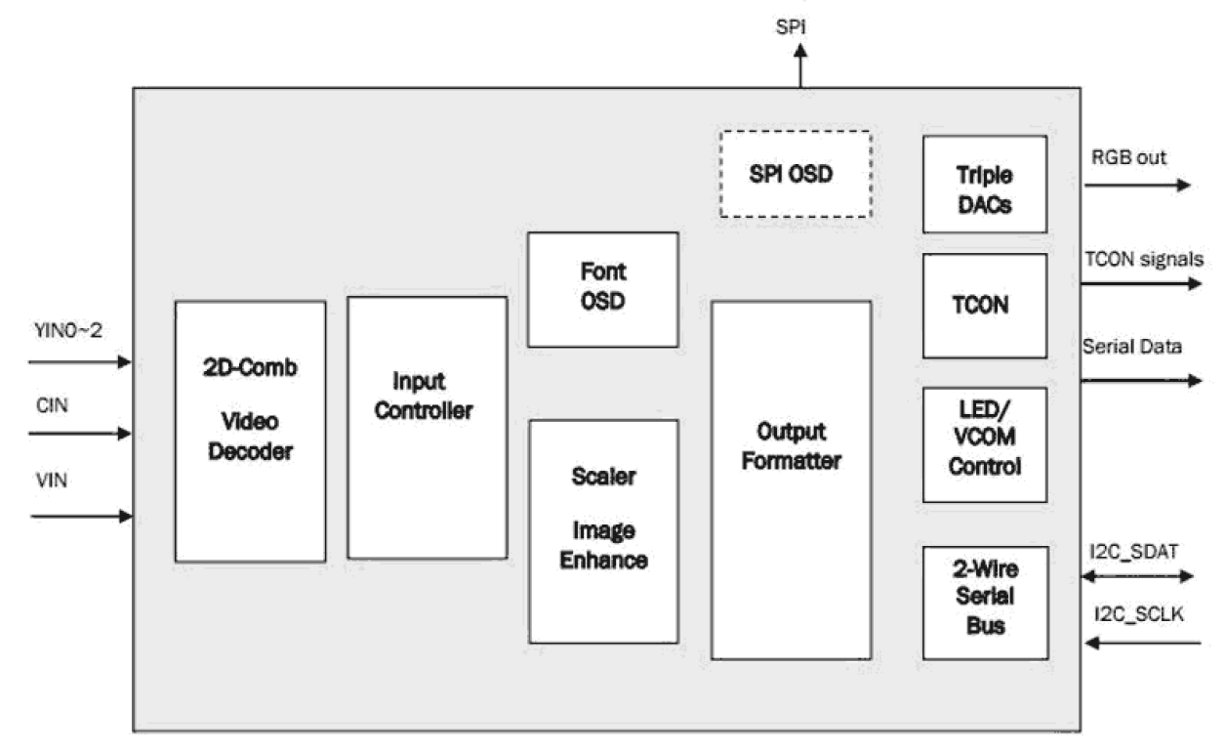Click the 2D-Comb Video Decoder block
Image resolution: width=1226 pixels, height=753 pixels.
[x=249, y=430]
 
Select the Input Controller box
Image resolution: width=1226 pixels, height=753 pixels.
[x=427, y=427]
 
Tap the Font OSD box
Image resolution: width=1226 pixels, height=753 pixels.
[x=602, y=289]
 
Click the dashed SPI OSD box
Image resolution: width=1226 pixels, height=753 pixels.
[x=796, y=174]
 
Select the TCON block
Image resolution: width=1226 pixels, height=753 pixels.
[x=984, y=306]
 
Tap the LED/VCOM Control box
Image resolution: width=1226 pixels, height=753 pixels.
[x=984, y=444]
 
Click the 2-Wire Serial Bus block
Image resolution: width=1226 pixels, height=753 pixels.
[x=984, y=602]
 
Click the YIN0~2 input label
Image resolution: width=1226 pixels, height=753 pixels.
[x=62, y=335]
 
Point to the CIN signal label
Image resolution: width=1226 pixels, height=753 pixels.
[x=45, y=406]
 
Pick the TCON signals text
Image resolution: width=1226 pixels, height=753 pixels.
[x=1143, y=259]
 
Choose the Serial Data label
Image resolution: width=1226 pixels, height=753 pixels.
[x=1132, y=348]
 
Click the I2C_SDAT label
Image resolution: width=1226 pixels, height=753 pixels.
[x=1134, y=552]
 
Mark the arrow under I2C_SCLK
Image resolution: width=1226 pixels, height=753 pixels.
[x=1143, y=643]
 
